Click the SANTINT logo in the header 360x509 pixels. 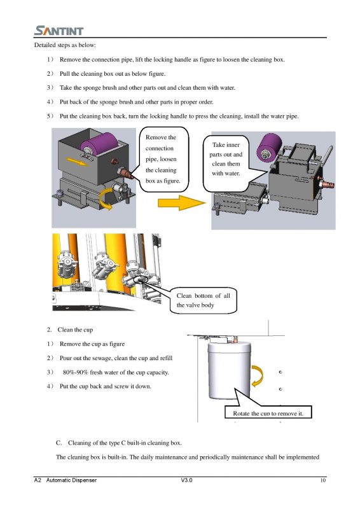[59, 31]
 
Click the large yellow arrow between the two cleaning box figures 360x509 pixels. [181, 203]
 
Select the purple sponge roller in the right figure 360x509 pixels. [269, 147]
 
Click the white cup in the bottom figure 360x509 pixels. [229, 370]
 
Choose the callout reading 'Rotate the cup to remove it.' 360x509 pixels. [268, 412]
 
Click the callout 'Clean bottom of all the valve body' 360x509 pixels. [203, 300]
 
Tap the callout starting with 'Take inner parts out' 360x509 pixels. [226, 164]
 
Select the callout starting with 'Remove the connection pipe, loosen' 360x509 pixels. [163, 159]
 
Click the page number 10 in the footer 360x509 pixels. [322, 480]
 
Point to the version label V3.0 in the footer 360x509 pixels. [186, 480]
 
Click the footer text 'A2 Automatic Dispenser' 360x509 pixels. [66, 480]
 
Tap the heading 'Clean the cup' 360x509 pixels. [75, 330]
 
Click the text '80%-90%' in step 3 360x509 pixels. [75, 372]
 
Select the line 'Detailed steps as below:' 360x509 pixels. [65, 45]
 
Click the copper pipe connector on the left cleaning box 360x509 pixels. [126, 172]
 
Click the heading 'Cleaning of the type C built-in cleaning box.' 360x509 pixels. [125, 443]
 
